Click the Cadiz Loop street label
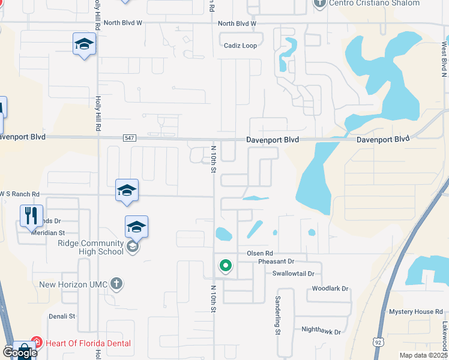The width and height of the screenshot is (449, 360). click(240, 45)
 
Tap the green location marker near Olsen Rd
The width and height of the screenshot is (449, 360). click(226, 265)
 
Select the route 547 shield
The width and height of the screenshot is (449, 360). click(130, 138)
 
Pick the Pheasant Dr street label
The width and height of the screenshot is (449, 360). click(276, 262)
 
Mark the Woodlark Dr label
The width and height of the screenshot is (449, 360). click(330, 289)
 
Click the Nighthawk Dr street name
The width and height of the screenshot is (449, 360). click(321, 331)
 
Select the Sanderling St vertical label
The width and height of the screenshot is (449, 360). click(278, 314)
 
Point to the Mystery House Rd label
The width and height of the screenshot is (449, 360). click(415, 312)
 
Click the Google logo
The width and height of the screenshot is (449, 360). click(19, 353)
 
